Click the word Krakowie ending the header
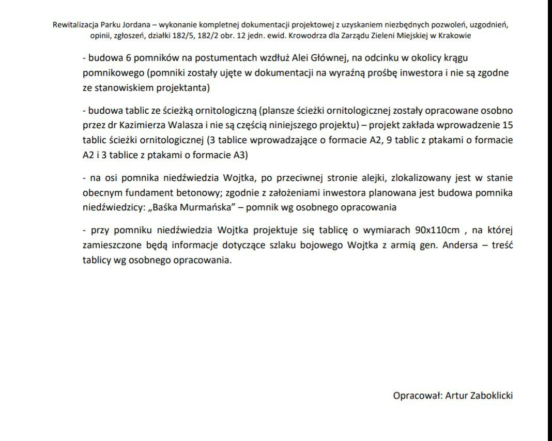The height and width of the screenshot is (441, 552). (454, 37)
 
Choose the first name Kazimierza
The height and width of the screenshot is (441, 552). (139, 125)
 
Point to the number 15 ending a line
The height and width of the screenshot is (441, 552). (507, 125)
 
